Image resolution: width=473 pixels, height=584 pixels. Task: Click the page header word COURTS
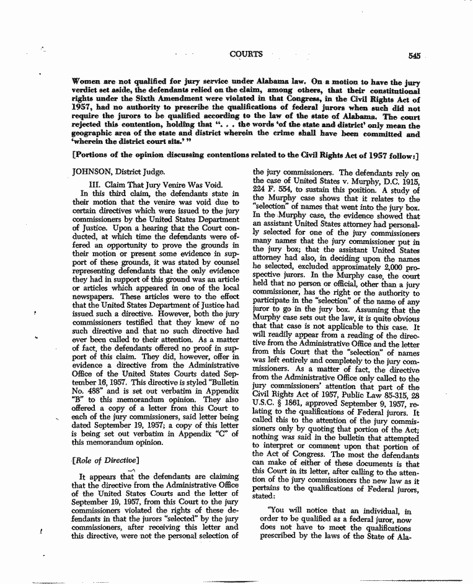tap(245, 54)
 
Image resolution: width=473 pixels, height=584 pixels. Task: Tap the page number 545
tap(415, 55)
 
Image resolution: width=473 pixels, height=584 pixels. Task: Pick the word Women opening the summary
tap(87, 81)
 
